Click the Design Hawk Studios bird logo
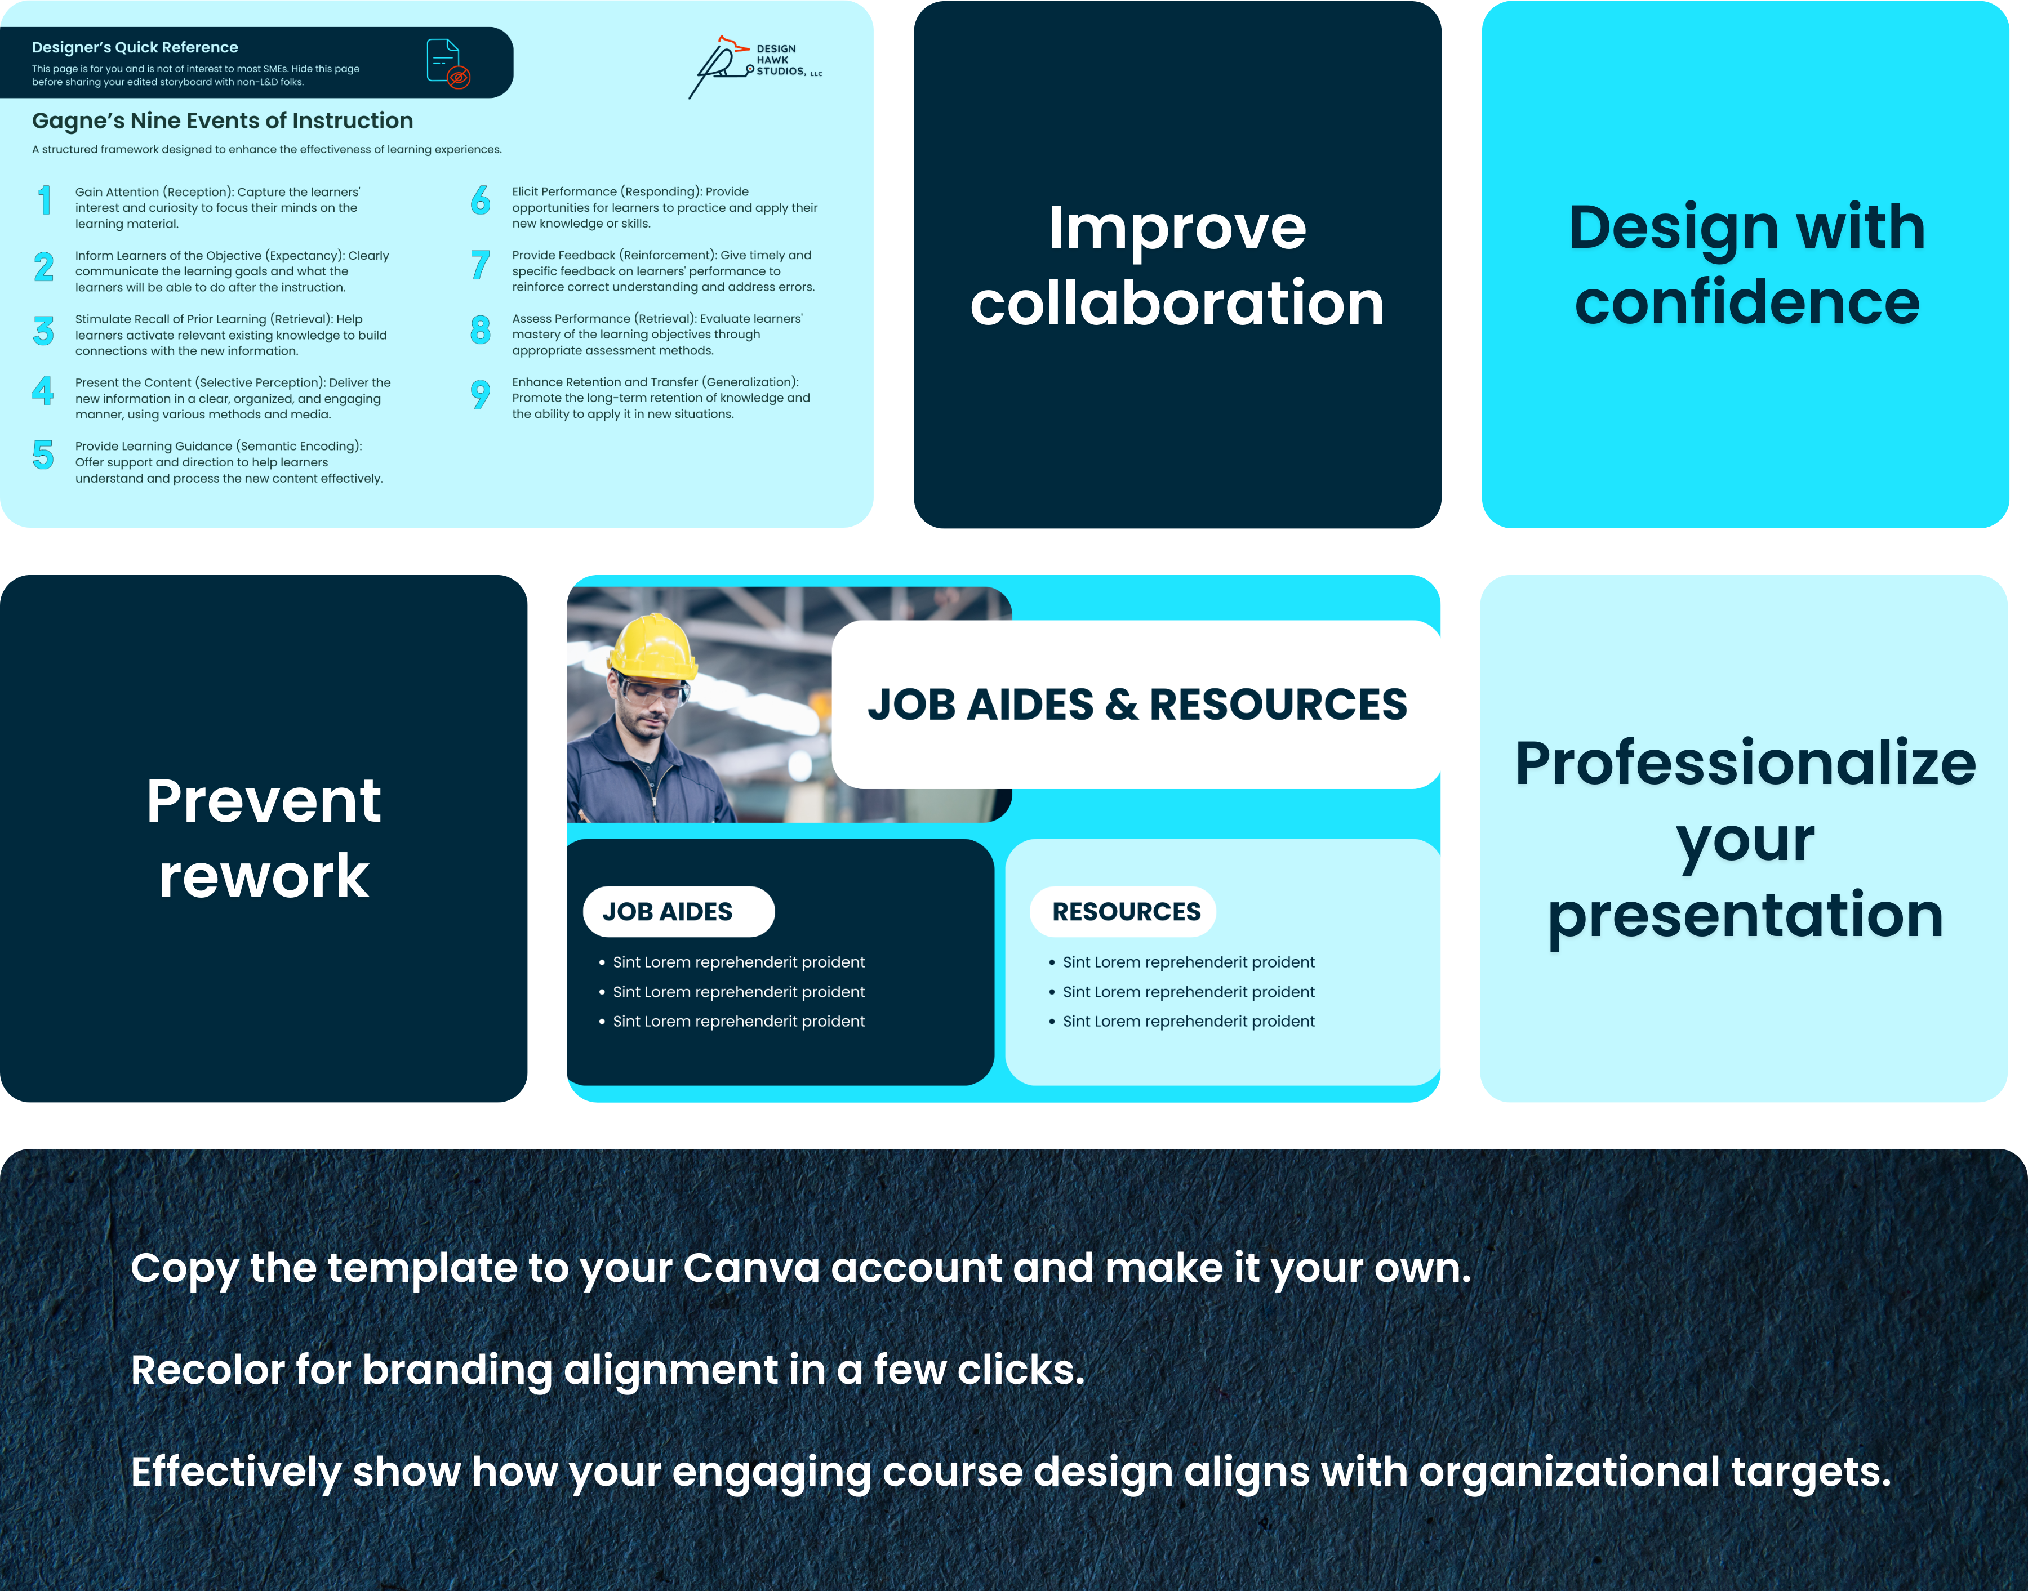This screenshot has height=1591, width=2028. [x=720, y=65]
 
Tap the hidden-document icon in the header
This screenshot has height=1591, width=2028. [x=447, y=63]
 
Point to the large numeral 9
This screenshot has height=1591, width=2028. [x=480, y=394]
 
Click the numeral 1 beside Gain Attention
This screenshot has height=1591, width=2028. [x=44, y=200]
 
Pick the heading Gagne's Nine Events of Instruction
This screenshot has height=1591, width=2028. [x=223, y=121]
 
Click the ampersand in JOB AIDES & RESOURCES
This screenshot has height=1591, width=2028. [x=1122, y=705]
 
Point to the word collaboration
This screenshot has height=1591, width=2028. [x=1177, y=304]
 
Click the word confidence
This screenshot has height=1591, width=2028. [x=1747, y=303]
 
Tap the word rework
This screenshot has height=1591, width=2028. [x=264, y=876]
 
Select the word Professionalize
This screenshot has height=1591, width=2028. [x=1745, y=764]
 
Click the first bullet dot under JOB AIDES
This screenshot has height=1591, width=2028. [x=602, y=962]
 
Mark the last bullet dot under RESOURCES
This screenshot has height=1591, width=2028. [x=1052, y=1022]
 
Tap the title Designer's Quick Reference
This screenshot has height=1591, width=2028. [x=135, y=47]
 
